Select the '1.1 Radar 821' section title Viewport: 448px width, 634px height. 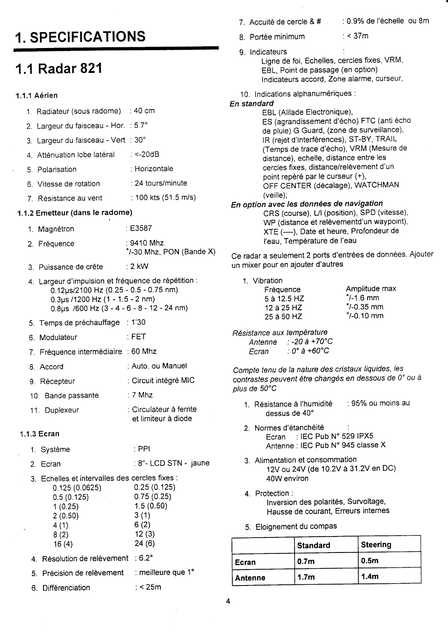[x=58, y=69]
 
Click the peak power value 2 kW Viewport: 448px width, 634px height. [x=139, y=266]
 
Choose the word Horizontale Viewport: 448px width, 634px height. [x=154, y=169]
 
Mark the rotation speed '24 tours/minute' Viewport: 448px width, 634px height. [x=161, y=183]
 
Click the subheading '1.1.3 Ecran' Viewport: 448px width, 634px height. [x=39, y=434]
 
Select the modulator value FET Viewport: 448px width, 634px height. [x=138, y=337]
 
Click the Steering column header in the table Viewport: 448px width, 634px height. [x=376, y=544]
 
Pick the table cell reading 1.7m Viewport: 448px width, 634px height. [x=306, y=577]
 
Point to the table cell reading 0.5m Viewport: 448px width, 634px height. [x=369, y=561]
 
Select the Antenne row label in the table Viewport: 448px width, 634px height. [x=250, y=578]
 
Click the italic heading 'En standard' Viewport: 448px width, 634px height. [x=252, y=104]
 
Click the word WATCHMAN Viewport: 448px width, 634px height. [x=376, y=185]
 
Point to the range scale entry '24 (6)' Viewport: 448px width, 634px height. [x=144, y=543]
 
